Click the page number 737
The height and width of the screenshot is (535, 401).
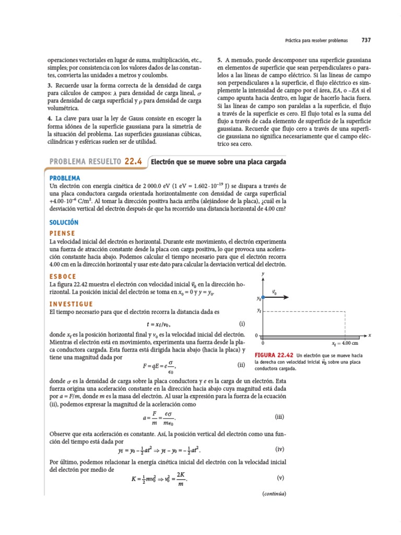pyautogui.click(x=366, y=40)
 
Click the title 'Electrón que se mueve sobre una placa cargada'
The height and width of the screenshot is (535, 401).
pyautogui.click(x=218, y=162)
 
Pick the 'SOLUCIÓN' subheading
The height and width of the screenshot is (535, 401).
pyautogui.click(x=63, y=222)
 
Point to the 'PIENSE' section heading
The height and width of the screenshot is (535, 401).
pyautogui.click(x=62, y=233)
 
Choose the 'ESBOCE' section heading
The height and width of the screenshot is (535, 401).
pyautogui.click(x=63, y=276)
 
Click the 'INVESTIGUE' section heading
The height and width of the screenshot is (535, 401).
pyautogui.click(x=71, y=304)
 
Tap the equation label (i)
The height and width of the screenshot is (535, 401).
pyautogui.click(x=242, y=324)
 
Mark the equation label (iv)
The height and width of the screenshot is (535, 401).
pyautogui.click(x=279, y=449)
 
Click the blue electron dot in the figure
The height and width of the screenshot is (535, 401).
pyautogui.click(x=263, y=297)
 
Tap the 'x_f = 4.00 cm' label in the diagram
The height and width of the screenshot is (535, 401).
pyautogui.click(x=345, y=343)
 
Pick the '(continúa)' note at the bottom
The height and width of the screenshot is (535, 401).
pyautogui.click(x=274, y=494)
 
